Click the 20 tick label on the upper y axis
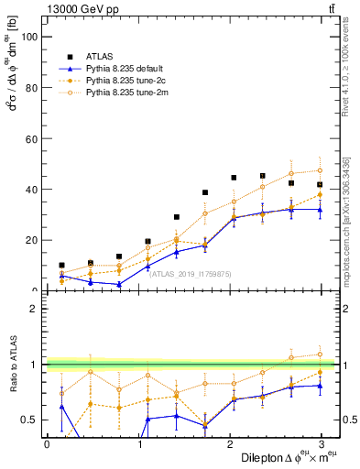pyautogui.click(x=33, y=240)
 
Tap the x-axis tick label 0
pyautogui.click(x=47, y=444)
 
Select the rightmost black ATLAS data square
pyautogui.click(x=320, y=184)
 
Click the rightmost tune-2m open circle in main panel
pyautogui.click(x=320, y=170)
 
